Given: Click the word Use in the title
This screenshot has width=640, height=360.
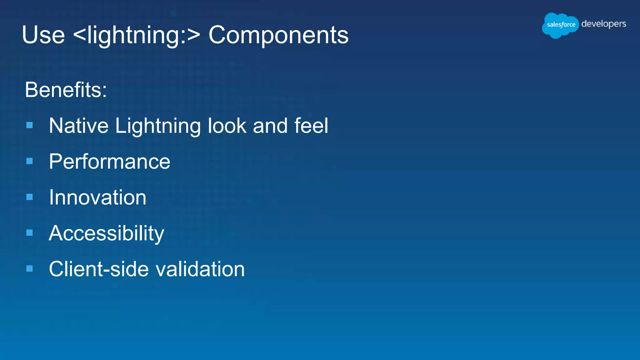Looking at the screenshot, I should pos(43,35).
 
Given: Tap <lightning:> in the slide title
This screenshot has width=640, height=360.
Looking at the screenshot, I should pos(136,35).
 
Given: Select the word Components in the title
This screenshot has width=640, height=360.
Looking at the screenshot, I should pos(278,35).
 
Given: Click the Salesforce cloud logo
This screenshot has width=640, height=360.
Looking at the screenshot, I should pos(560,25).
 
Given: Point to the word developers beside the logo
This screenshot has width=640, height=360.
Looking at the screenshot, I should pos(603,24).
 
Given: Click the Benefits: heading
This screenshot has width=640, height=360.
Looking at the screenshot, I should pos(66,90).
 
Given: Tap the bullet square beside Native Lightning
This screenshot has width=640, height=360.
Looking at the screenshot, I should pos(30,125).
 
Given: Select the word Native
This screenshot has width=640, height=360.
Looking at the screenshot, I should pos(79,126).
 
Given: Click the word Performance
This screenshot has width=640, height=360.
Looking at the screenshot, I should pos(109,162).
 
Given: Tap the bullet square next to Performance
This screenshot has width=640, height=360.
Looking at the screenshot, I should pos(30,161).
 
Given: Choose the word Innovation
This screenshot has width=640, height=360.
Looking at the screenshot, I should pos(97,197).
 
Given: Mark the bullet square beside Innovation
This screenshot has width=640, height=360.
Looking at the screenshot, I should pos(30,197).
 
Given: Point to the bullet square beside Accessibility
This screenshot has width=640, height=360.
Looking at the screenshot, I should pos(30,232).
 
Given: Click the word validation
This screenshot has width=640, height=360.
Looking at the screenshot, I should pos(200,269).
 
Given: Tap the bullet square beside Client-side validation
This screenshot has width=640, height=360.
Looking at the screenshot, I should pos(30,268).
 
